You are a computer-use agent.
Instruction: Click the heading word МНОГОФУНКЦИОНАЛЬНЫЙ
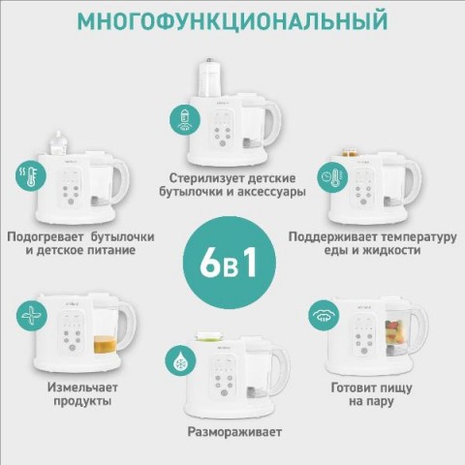pyautogui.click(x=232, y=20)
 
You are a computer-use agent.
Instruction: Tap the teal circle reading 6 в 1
pyautogui.click(x=230, y=263)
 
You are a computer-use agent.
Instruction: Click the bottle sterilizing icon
pyautogui.click(x=185, y=120)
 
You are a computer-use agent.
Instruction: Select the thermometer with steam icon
pyautogui.click(x=31, y=175)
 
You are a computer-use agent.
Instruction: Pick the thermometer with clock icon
pyautogui.click(x=332, y=177)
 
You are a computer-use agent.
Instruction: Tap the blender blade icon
pyautogui.click(x=32, y=315)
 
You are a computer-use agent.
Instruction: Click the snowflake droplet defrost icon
pyautogui.click(x=180, y=360)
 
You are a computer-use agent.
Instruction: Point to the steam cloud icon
pyautogui.click(x=324, y=315)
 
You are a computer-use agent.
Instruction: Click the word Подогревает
pyautogui.click(x=46, y=237)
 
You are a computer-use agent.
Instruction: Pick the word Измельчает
pyautogui.click(x=82, y=387)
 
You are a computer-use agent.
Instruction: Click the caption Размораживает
pyautogui.click(x=234, y=432)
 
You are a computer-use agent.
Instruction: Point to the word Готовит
pyautogui.click(x=354, y=387)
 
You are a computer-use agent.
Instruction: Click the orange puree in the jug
pyautogui.click(x=105, y=345)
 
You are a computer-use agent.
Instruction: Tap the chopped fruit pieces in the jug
pyautogui.click(x=394, y=331)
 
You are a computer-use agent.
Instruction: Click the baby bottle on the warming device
pyautogui.click(x=59, y=142)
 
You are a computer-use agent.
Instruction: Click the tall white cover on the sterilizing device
pyautogui.click(x=210, y=77)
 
